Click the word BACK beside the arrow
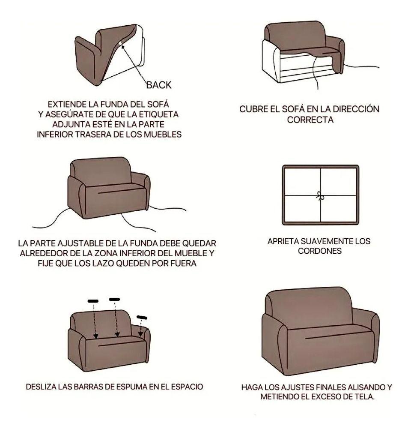coord(159,85)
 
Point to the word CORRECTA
coord(310,120)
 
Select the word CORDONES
coord(320,251)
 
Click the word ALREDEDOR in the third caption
coord(44,253)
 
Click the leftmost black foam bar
coord(93,301)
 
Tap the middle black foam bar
coord(115,299)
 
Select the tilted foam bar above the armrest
coord(142,317)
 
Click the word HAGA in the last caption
coord(253,387)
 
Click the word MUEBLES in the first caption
coord(164,134)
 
